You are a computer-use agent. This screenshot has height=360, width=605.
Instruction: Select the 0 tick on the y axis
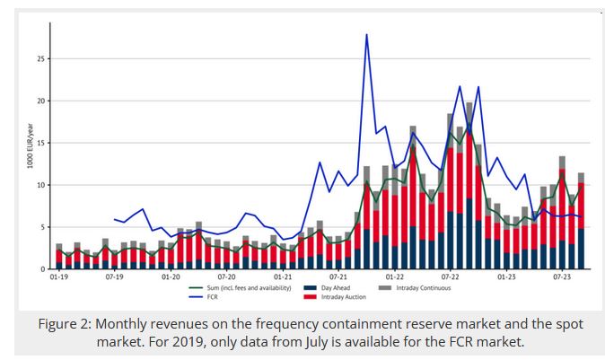[x=42, y=269]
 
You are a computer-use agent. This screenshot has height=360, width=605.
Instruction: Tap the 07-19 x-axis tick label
[x=114, y=278]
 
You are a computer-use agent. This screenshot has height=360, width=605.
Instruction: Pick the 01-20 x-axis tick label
[x=171, y=278]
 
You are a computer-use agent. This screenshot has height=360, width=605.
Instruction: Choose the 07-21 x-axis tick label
[x=338, y=278]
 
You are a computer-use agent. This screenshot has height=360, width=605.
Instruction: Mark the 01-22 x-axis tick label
[x=394, y=278]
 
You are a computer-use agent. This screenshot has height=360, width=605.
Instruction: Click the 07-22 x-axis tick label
[x=451, y=278]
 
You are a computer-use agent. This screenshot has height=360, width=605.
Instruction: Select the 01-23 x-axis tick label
[x=507, y=278]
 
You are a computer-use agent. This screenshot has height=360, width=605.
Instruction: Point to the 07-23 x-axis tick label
[x=563, y=278]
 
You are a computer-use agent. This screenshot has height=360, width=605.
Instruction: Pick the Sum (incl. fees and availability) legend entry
[x=242, y=287]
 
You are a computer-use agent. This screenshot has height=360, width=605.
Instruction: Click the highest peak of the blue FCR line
[x=366, y=34]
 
